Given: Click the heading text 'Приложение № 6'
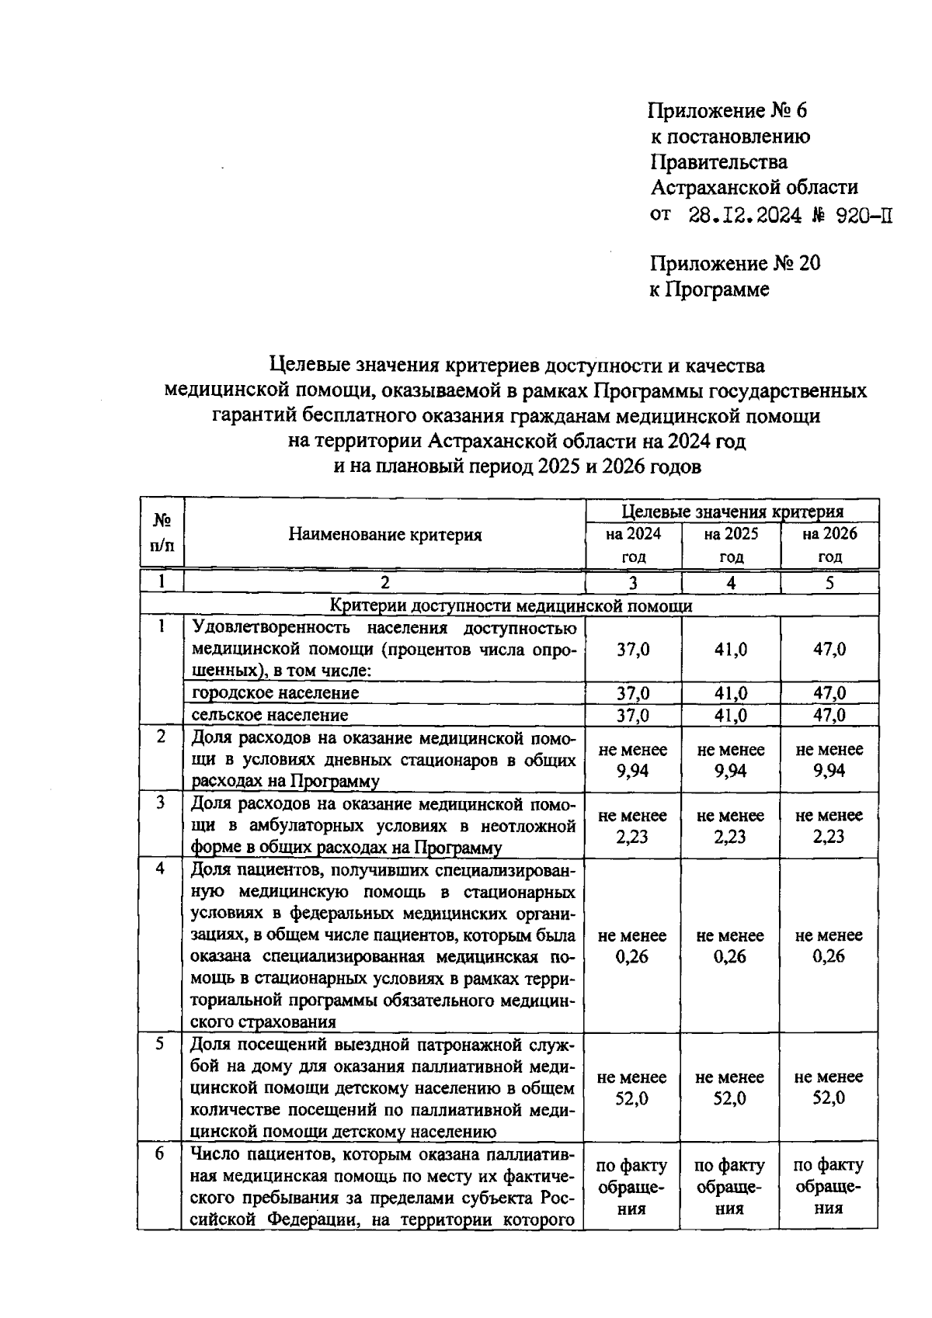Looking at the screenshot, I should tap(728, 111).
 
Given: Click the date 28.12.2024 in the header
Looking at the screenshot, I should tap(745, 215).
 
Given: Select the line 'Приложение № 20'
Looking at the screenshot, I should tap(735, 264).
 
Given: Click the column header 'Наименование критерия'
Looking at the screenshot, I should tap(385, 534).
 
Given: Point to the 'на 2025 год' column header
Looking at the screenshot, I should tap(731, 545).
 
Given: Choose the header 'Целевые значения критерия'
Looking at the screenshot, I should tap(732, 512).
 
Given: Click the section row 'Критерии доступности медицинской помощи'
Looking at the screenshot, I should tap(510, 605).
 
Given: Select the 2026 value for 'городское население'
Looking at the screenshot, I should tap(829, 692).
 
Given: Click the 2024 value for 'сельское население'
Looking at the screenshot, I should tap(633, 714).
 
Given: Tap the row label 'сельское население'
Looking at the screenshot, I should tap(270, 714).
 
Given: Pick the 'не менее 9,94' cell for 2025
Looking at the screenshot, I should tap(731, 760).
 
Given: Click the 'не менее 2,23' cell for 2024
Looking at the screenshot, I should tap(633, 826).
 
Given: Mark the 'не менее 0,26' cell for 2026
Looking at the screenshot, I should tap(829, 945).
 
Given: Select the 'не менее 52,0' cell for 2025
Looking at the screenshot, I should tap(731, 1087).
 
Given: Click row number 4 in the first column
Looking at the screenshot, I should tap(160, 869).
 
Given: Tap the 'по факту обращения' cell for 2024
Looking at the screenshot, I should tap(633, 1186).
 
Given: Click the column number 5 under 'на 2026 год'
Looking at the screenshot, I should tap(829, 583).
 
